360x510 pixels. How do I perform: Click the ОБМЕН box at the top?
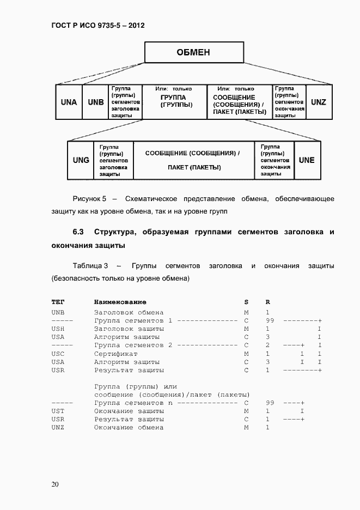coord(193,53)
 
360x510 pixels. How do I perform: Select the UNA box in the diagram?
coord(69,102)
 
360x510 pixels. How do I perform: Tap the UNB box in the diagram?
coord(95,102)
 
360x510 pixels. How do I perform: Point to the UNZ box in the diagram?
coord(319,102)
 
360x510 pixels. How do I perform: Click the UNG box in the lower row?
coord(81,160)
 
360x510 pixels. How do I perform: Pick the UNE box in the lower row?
coord(307,160)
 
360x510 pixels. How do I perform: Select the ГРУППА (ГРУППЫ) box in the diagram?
coord(174,101)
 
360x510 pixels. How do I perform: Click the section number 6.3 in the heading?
coord(78,232)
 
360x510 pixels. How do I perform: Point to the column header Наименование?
coord(120,302)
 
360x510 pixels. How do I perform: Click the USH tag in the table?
coord(58,329)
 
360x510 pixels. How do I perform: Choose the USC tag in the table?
coord(58,354)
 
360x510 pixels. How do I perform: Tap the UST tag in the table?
coord(58,411)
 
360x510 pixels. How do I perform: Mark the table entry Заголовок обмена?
coord(129,313)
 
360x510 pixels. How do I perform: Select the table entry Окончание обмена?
coord(129,427)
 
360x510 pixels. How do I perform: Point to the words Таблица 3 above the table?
coord(90,266)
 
